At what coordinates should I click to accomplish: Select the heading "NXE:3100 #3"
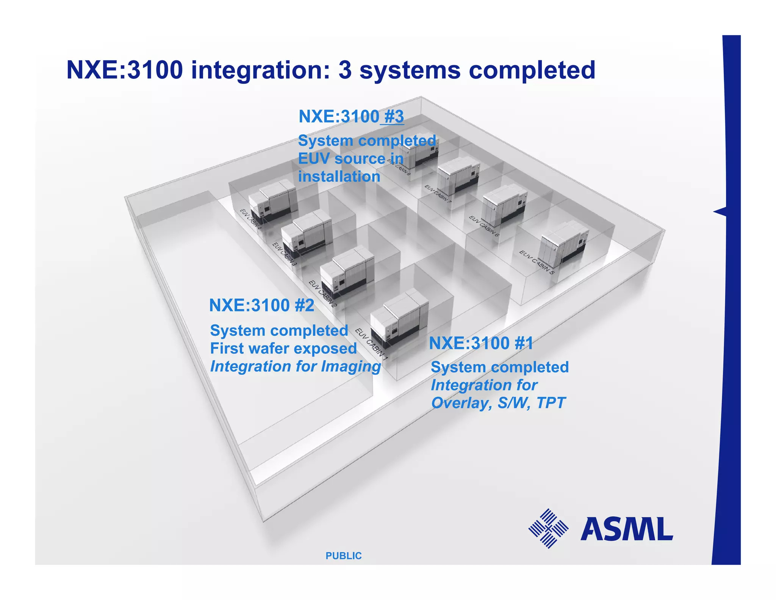coord(351,116)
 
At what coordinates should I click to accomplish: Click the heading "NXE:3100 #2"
coord(261,305)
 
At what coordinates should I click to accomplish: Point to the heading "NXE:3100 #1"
coord(481,343)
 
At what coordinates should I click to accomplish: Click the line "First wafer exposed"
coord(283,348)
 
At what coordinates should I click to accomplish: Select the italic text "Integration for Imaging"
coord(296,366)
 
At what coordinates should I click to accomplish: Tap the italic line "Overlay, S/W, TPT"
coord(498,403)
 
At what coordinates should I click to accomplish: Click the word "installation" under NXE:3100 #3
coord(339,177)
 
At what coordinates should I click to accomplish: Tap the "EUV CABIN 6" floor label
coord(484,226)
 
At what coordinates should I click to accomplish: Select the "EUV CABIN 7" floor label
coord(438,194)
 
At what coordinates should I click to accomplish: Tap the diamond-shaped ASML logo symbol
coord(548,528)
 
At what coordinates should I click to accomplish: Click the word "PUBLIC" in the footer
coord(344,556)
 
